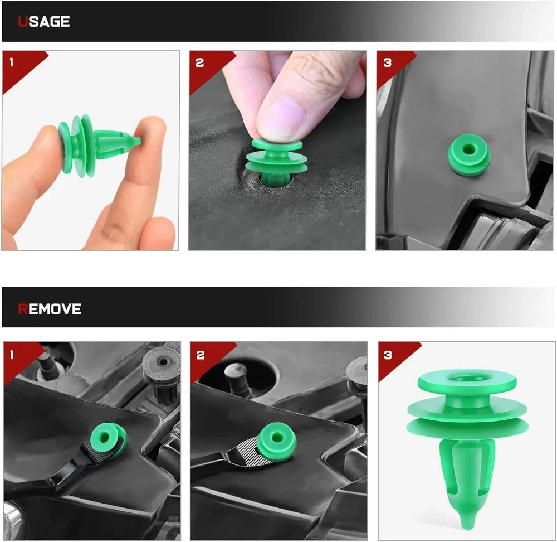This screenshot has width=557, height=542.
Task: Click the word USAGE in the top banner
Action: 43,22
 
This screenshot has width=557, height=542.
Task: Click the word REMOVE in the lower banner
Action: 50,309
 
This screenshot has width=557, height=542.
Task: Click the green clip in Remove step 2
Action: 276,441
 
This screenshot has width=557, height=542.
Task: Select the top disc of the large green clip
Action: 467,380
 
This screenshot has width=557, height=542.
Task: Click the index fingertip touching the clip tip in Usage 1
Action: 150,134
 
